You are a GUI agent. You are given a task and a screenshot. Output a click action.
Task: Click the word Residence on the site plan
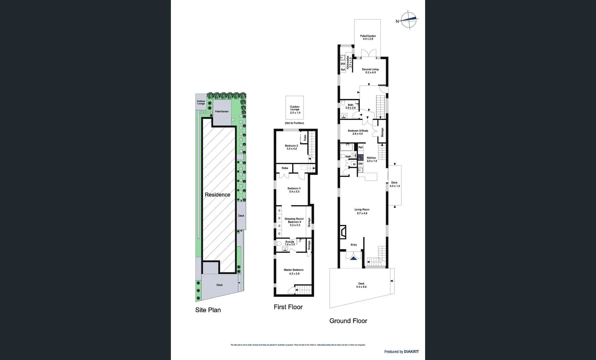(217, 195)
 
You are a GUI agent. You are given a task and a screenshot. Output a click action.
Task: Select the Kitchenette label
(349, 62)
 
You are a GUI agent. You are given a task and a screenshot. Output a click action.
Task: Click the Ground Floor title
(348, 321)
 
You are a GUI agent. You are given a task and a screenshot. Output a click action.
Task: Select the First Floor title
(288, 307)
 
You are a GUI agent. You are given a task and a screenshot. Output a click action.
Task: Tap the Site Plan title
(208, 310)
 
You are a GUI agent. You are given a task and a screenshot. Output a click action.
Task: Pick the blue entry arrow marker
(353, 257)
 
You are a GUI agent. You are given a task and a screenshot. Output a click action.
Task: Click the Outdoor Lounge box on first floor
(295, 108)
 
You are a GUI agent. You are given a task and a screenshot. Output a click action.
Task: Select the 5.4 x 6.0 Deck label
(361, 285)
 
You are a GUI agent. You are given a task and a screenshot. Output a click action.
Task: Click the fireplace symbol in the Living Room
(343, 232)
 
